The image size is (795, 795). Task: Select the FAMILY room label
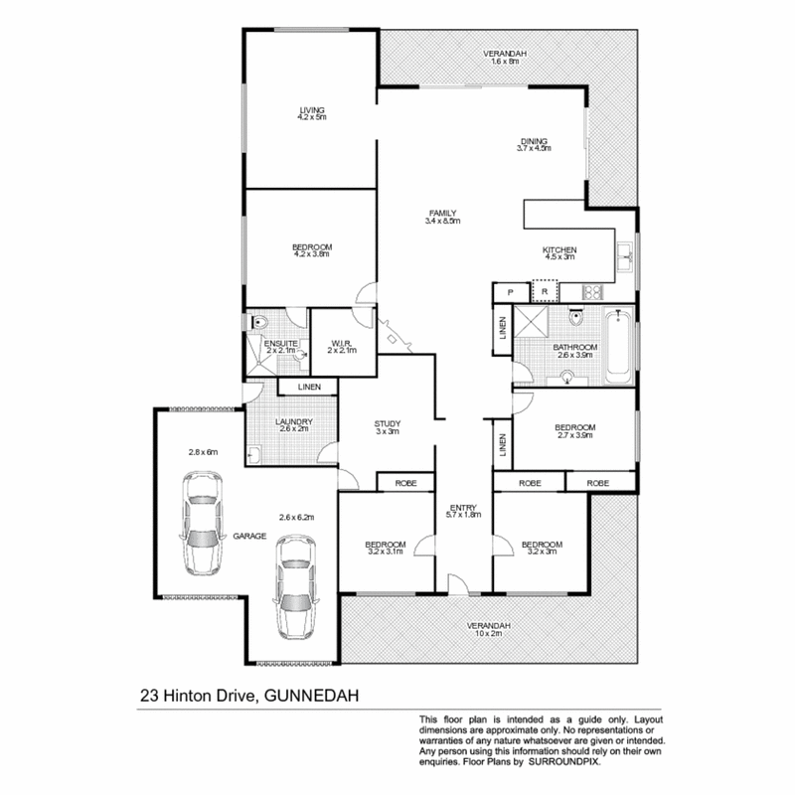click(x=443, y=214)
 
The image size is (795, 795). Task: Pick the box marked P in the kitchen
click(x=510, y=292)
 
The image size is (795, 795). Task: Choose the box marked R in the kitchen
click(x=545, y=291)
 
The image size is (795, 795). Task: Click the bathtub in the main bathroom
click(x=618, y=348)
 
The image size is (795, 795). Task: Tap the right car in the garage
click(x=294, y=586)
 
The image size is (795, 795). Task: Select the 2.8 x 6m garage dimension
click(x=203, y=452)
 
